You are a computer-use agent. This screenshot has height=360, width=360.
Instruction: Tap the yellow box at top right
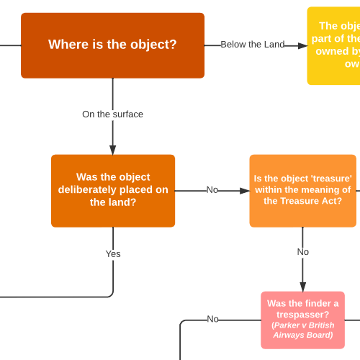pos(334,46)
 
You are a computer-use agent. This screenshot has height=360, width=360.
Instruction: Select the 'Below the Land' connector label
pos(252,45)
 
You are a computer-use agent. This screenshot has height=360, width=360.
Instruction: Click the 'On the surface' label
pos(112,114)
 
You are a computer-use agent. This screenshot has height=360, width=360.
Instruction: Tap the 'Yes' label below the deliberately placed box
pos(113,253)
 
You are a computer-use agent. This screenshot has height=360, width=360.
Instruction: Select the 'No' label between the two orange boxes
pos(212,190)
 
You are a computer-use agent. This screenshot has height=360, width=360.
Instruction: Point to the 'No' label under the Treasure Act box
pos(303,252)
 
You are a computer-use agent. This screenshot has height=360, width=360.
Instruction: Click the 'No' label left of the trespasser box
pos(213,319)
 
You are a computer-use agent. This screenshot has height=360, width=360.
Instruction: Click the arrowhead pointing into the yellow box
pos(303,45)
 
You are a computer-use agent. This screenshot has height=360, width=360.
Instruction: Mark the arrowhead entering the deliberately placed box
pos(113,150)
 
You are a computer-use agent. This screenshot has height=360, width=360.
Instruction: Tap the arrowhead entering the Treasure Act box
pos(245,191)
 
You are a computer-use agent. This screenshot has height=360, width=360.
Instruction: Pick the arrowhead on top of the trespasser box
pos(302,287)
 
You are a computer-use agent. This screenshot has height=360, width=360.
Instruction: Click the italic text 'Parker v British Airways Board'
pos(302,330)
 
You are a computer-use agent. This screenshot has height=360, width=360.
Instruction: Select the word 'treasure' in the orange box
pos(332,179)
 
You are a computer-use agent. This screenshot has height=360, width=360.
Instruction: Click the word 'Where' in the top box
pos(66,45)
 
